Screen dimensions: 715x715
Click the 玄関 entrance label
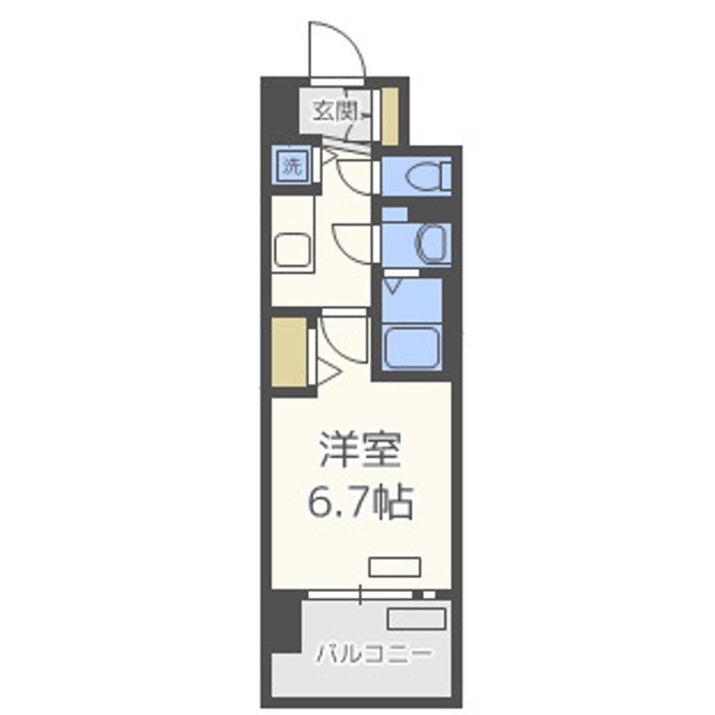tap(335, 111)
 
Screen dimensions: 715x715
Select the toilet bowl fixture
tap(427, 176)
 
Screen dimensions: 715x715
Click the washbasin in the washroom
tap(433, 243)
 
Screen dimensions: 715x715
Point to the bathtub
tap(415, 347)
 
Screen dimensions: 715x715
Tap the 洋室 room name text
tap(359, 452)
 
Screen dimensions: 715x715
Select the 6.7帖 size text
tap(359, 504)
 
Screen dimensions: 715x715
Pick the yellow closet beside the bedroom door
tap(289, 351)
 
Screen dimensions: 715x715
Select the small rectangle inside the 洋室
tap(395, 566)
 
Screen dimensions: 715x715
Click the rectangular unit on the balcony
tap(415, 619)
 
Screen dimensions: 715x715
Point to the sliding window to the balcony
tap(362, 594)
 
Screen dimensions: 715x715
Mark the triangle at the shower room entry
tap(394, 286)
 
